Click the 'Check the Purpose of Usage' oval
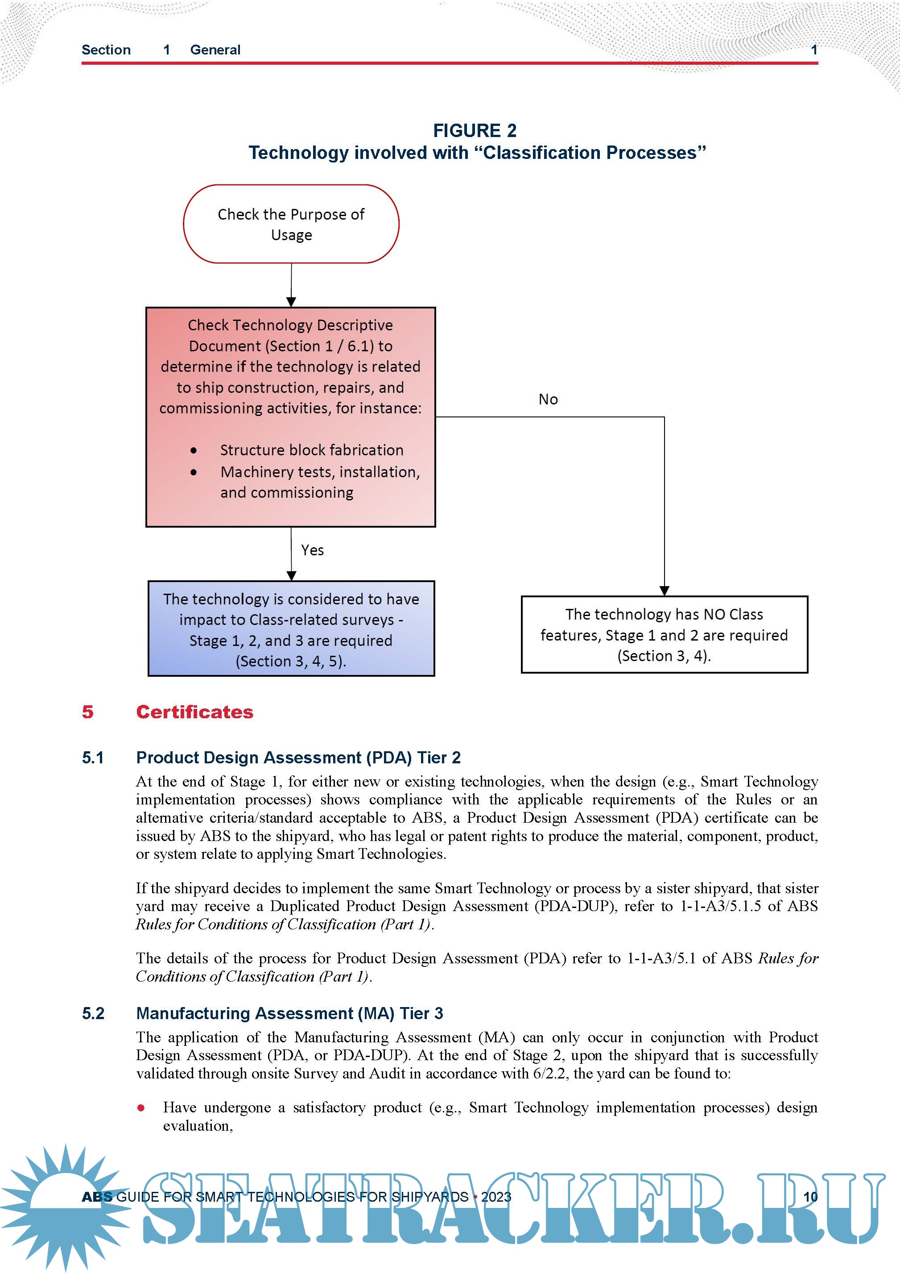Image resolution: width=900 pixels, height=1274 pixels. (x=291, y=224)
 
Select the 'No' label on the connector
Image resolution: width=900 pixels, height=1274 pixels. (x=548, y=400)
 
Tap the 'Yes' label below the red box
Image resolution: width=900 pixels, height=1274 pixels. (x=312, y=550)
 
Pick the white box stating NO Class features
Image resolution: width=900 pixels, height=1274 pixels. (x=665, y=635)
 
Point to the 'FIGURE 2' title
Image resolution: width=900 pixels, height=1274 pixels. (x=475, y=130)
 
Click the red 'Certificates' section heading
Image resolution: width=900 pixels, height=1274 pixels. (x=194, y=712)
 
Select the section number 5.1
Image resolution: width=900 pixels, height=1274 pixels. (x=93, y=758)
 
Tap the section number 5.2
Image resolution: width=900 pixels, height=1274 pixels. (x=93, y=1014)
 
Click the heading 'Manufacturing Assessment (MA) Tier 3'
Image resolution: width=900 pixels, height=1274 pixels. (x=289, y=1014)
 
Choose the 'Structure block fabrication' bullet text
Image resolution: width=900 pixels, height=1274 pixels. (x=312, y=450)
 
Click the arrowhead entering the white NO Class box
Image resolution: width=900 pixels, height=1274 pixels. (x=665, y=591)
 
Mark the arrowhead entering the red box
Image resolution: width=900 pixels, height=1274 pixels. (x=291, y=302)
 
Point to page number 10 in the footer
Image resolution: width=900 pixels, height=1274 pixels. (x=810, y=1197)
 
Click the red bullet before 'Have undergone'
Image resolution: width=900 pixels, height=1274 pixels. (x=141, y=1108)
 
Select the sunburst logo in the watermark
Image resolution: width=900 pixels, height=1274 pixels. (x=66, y=1204)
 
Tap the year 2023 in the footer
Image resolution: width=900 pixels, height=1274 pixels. (x=496, y=1197)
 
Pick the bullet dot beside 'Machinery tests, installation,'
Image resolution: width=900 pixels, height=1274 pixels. (x=194, y=472)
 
